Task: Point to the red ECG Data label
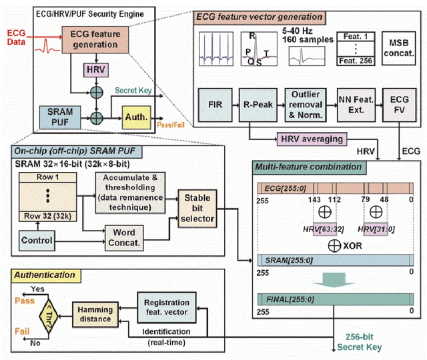coord(18,37)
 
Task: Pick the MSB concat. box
coord(398,47)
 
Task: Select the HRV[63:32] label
coord(314,229)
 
